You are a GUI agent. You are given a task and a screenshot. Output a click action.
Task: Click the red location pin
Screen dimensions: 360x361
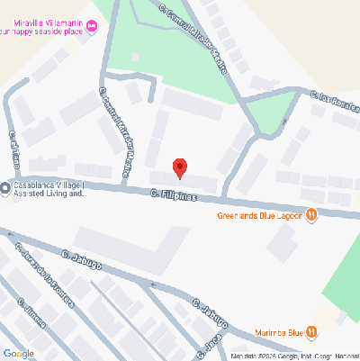tap(180, 167)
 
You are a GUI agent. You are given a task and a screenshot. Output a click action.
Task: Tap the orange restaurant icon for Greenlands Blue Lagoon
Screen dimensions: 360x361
tap(310, 215)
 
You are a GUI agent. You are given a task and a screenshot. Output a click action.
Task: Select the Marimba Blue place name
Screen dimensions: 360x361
tap(277, 332)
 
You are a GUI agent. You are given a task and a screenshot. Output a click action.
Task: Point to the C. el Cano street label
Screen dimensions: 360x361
tap(14, 149)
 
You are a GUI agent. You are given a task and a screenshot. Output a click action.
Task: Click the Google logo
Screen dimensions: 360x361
tap(18, 353)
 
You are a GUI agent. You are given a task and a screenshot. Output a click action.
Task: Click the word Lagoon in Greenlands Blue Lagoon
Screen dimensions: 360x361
tap(288, 216)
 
